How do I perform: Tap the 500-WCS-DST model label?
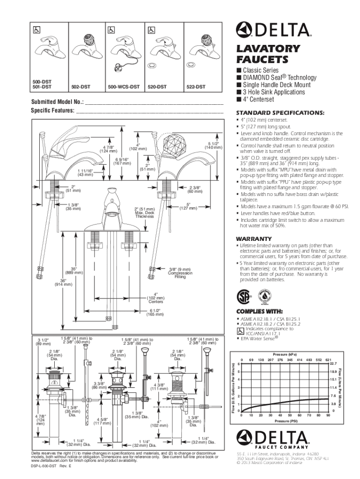tap(123, 87)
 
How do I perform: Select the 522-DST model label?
tap(196, 87)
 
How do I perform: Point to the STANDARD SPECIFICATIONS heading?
tap(280, 113)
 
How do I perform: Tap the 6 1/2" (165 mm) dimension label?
tap(157, 312)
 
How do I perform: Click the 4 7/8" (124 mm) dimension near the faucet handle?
tap(108, 149)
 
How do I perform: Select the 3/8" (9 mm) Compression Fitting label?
tap(180, 273)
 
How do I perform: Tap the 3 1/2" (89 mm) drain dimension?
tap(43, 341)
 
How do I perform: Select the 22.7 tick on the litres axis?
tap(333, 363)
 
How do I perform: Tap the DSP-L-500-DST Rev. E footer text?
tap(51, 467)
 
